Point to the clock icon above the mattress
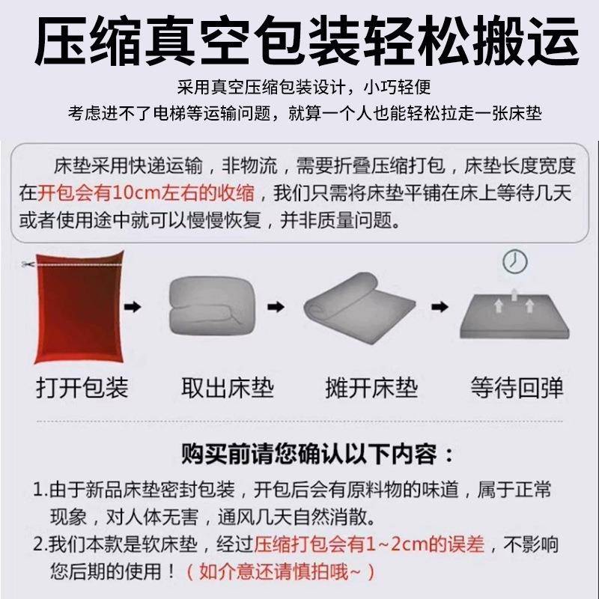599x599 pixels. point(514,261)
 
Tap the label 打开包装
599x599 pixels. point(82,387)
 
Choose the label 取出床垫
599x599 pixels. point(228,387)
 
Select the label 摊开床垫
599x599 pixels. point(371,387)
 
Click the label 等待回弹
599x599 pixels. point(517,387)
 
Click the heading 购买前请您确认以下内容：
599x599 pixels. point(317,454)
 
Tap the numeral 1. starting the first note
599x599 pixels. point(41,491)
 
